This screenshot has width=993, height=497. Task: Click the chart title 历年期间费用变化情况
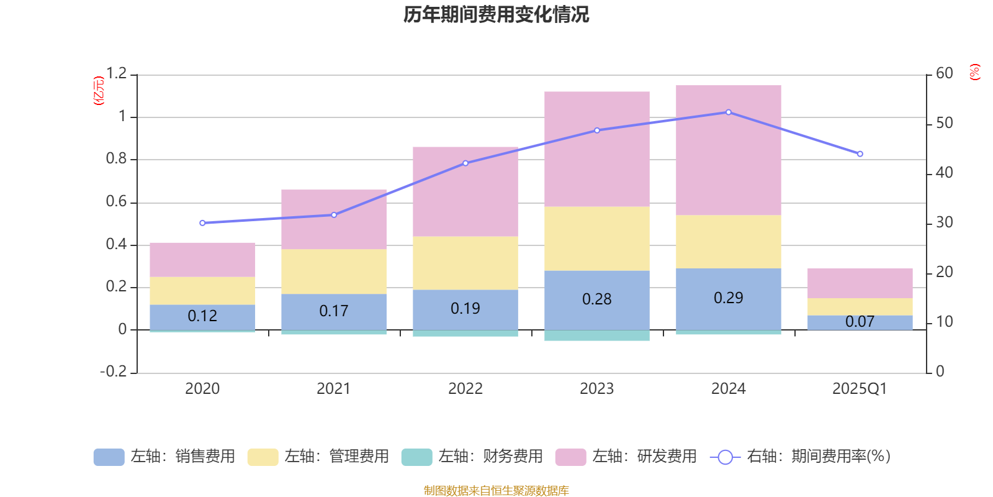click(496, 15)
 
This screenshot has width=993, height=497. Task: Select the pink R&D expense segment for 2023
click(597, 149)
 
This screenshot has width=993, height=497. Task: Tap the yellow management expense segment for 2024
click(729, 242)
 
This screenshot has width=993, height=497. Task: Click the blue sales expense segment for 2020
click(202, 317)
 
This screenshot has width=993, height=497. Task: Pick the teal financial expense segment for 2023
click(597, 335)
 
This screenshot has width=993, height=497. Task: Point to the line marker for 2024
click(729, 112)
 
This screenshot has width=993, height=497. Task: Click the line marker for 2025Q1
click(860, 154)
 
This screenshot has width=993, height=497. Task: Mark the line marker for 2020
click(202, 223)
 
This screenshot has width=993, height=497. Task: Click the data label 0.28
click(597, 299)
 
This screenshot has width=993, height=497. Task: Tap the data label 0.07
click(860, 322)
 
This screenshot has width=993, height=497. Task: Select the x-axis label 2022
click(465, 389)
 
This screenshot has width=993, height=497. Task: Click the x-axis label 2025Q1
click(860, 389)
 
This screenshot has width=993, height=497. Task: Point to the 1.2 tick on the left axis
click(116, 74)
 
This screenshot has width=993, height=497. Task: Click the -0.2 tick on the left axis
click(114, 372)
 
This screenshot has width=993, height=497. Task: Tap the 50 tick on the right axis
click(945, 123)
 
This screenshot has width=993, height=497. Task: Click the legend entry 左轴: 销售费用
click(164, 457)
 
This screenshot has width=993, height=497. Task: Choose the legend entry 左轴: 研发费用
click(626, 457)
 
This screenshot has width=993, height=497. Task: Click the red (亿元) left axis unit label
click(99, 91)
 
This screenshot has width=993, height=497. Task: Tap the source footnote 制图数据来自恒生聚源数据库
click(496, 491)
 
